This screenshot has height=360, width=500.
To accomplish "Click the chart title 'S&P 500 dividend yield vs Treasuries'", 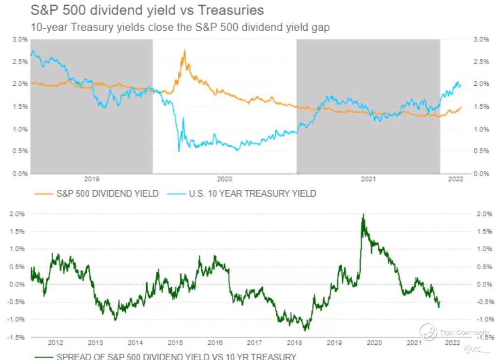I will [x=148, y=10].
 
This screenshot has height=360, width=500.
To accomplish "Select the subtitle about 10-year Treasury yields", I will [x=180, y=27].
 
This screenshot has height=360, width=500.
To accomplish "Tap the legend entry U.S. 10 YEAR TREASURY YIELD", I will [x=246, y=194].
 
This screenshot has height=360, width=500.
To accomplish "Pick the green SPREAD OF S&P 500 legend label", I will [x=175, y=356].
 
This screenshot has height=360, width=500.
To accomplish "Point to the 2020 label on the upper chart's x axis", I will [x=225, y=179].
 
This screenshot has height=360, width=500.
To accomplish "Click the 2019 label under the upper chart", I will [x=92, y=179].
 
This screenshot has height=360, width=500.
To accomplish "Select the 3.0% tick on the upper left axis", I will [x=20, y=40].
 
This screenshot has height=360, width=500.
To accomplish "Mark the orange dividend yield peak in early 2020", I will [x=185, y=50].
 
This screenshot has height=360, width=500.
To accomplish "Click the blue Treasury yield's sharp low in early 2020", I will [x=179, y=151].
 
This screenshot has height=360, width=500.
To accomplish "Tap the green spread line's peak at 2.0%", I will [x=363, y=214].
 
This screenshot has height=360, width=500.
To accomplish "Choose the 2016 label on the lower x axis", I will [x=215, y=342].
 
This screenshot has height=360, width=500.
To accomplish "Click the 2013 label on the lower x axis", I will [x=95, y=342].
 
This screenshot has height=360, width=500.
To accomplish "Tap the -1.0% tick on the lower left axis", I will [x=16, y=320].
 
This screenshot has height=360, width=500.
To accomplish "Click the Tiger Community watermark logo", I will [x=428, y=333].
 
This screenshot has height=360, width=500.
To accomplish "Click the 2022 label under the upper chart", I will [x=455, y=179].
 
